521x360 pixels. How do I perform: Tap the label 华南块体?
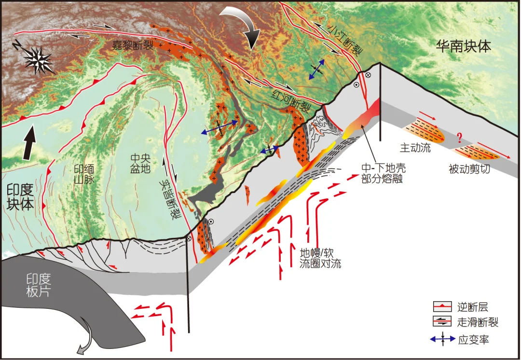[463, 47]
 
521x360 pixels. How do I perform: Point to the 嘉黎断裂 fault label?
[131, 46]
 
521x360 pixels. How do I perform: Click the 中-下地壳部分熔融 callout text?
[384, 173]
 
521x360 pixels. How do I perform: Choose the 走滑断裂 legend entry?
[478, 322]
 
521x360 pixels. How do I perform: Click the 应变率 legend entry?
[473, 339]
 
